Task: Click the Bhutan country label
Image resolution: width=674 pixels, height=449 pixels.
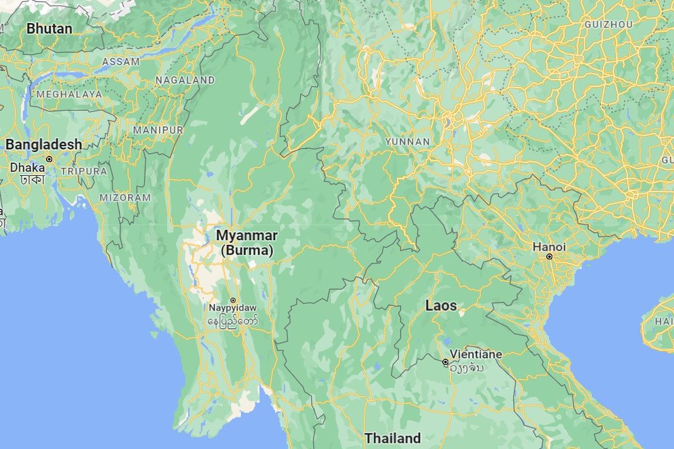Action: [x=49, y=28]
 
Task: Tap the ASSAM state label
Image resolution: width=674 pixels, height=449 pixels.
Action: [x=120, y=62]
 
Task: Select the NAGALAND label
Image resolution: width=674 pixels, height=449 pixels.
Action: [x=185, y=80]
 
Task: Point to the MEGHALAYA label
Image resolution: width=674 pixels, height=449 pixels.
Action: [x=69, y=94]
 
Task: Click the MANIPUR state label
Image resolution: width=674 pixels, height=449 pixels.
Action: [x=158, y=130]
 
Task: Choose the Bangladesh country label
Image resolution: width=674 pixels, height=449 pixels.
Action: [x=43, y=145]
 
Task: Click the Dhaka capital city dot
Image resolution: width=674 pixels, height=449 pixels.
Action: [x=49, y=159]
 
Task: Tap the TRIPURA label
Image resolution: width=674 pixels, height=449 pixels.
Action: [x=84, y=171]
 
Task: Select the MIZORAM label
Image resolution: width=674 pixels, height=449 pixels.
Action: [x=125, y=198]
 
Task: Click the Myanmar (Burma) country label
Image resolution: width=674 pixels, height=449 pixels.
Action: [x=246, y=242]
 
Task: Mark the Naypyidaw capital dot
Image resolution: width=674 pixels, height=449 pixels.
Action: [x=233, y=300]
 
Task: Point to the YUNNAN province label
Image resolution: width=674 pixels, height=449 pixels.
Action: [x=407, y=142]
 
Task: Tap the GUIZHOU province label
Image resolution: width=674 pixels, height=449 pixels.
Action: [x=608, y=25]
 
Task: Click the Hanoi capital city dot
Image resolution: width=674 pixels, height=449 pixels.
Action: [x=549, y=256]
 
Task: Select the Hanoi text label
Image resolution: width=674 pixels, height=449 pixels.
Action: [x=549, y=247]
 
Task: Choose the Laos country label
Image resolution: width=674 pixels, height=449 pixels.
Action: [x=441, y=306]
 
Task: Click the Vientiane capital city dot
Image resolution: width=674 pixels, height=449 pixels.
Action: [x=445, y=363]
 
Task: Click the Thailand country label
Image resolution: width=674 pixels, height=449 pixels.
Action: [x=392, y=438]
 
